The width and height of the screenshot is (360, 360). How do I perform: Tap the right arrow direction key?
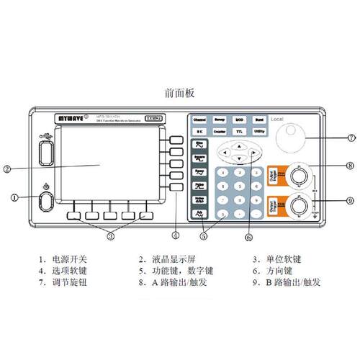[x=253, y=153]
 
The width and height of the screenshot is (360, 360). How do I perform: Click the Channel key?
[x=199, y=120]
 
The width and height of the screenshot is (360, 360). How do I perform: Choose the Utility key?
[x=260, y=132]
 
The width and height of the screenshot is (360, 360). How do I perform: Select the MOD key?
[x=240, y=120]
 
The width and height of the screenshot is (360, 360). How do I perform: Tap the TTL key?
[x=240, y=132]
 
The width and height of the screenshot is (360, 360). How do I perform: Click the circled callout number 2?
[x=6, y=170]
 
